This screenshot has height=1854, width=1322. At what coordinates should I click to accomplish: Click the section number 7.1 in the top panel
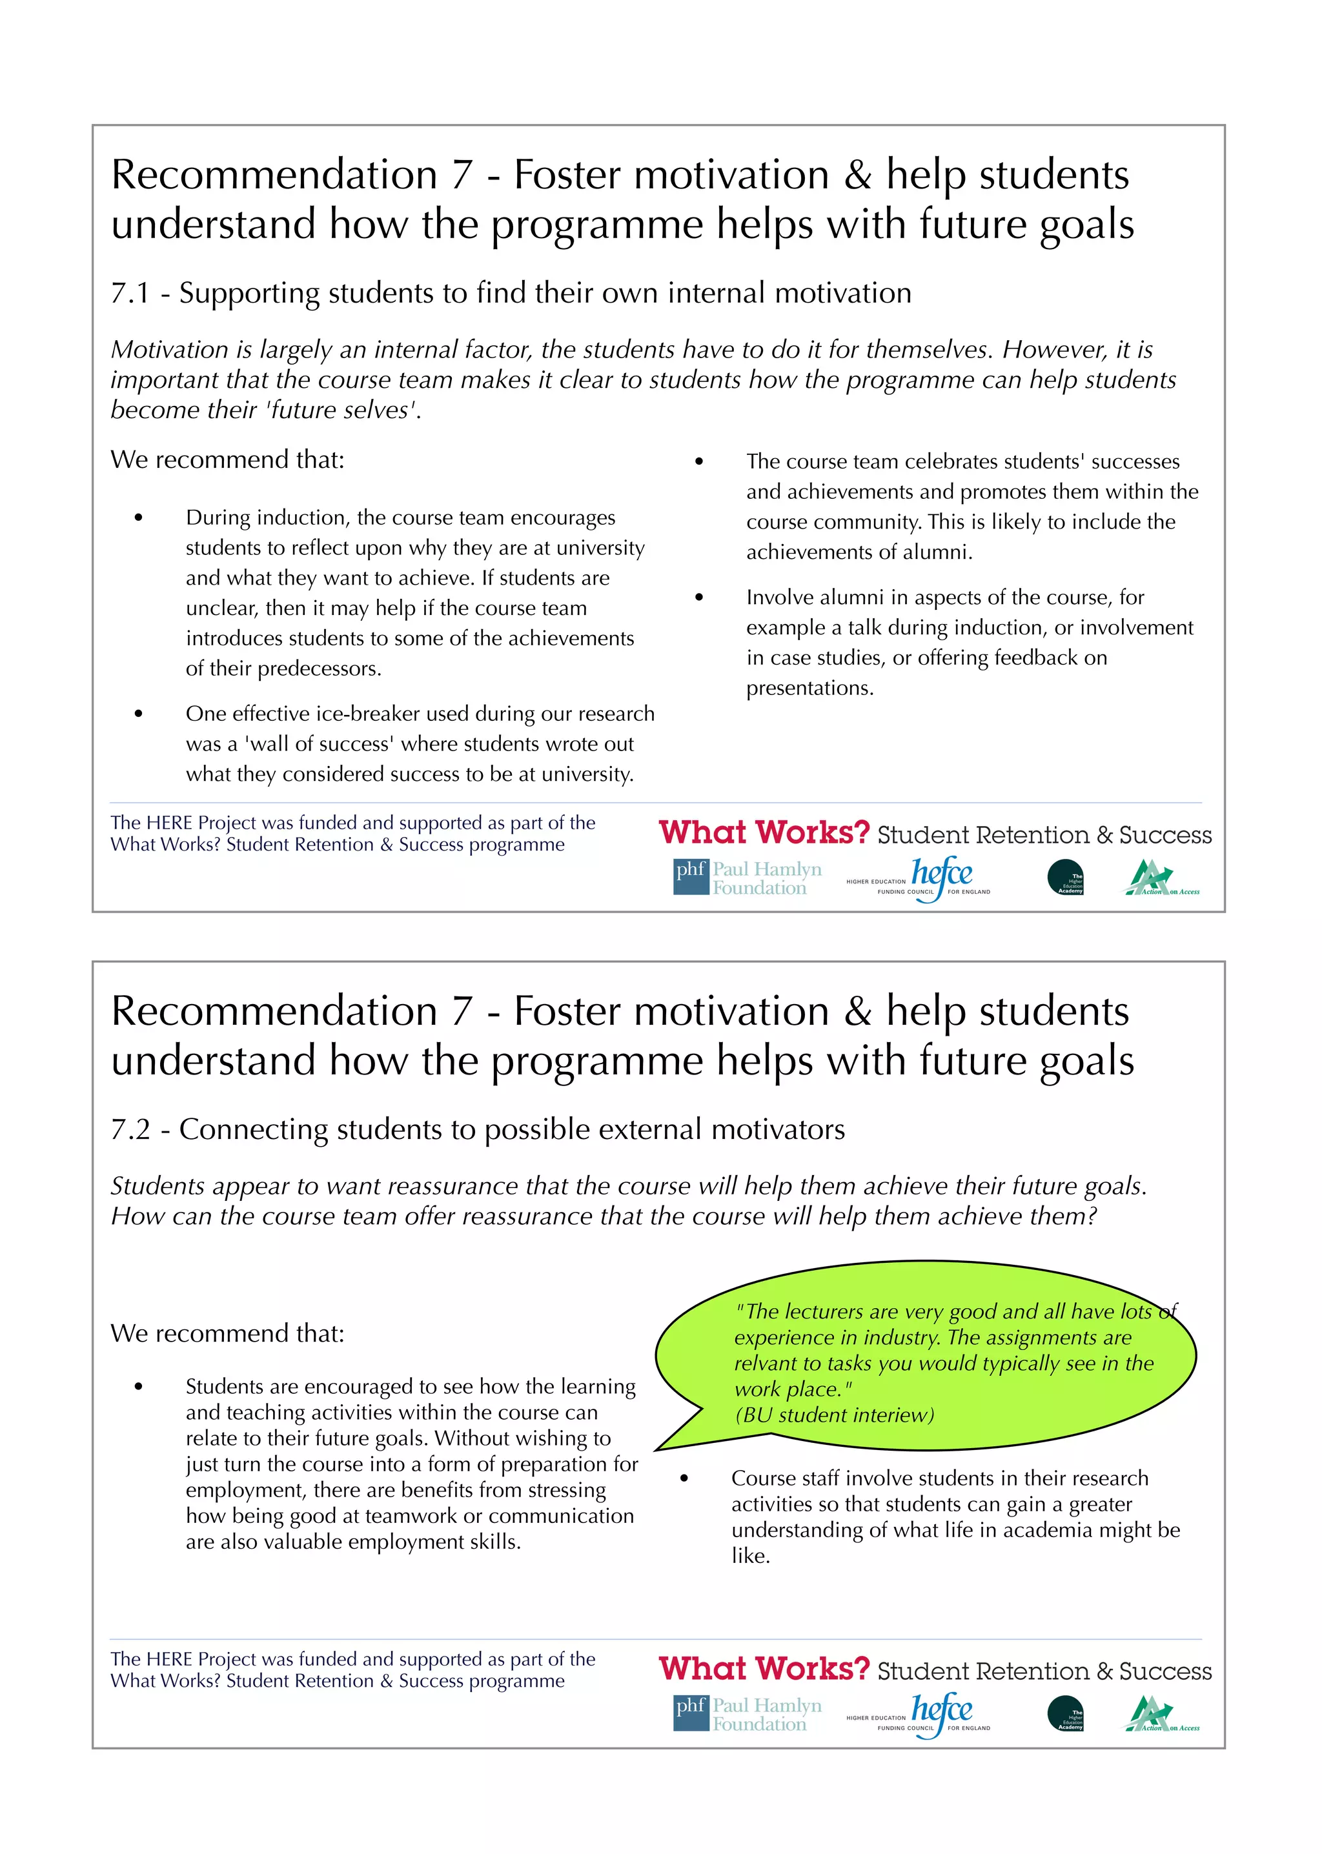(x=130, y=293)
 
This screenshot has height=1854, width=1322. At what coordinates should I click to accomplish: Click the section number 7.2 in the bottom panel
(x=130, y=1130)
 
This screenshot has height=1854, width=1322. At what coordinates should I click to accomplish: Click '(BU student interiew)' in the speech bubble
(x=835, y=1415)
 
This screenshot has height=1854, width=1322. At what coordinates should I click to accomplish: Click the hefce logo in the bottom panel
(x=941, y=1710)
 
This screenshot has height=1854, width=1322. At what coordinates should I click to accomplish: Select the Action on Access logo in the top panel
(x=1162, y=878)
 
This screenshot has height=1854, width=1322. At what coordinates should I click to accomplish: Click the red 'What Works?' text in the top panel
(x=764, y=832)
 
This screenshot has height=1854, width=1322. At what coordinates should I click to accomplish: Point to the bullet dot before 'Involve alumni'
(x=698, y=598)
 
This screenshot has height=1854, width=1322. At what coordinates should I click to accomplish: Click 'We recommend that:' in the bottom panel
(x=227, y=1333)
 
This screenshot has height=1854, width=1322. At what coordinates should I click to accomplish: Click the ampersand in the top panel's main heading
(x=857, y=175)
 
